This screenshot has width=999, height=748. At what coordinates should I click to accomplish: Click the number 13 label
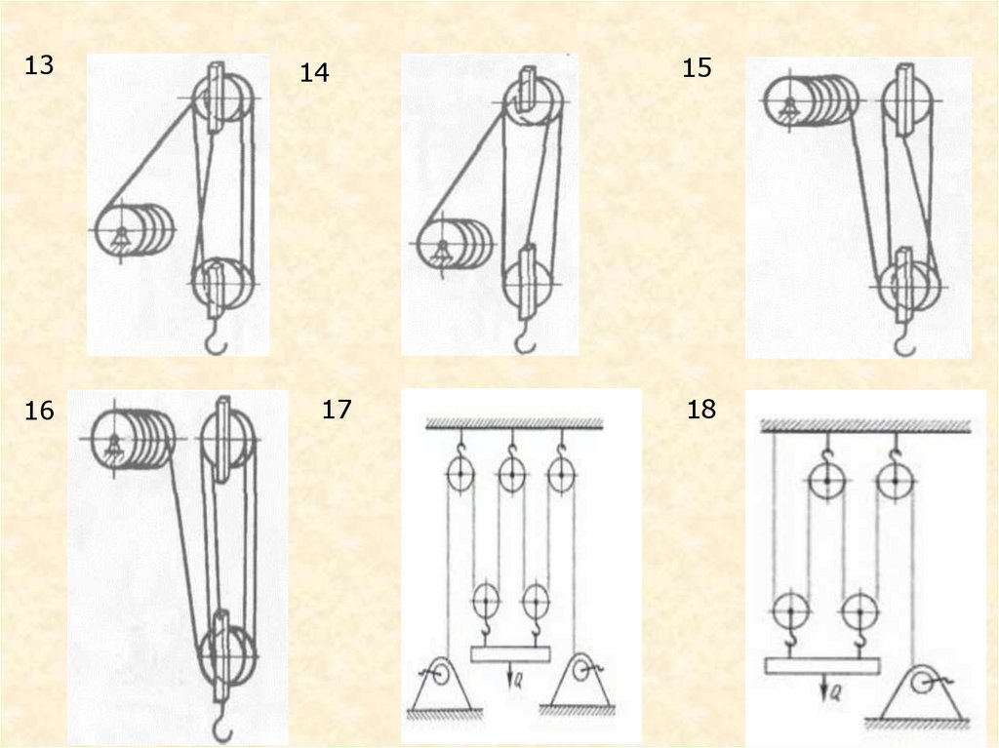coord(39,65)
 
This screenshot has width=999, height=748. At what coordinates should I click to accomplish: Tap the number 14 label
coord(315,72)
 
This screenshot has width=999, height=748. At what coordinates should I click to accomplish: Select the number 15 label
coord(697,67)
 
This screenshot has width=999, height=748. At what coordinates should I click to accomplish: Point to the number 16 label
coord(39,411)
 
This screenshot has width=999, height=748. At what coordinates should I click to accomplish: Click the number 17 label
coord(337,409)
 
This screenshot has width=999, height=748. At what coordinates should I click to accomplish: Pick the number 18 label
coord(701,409)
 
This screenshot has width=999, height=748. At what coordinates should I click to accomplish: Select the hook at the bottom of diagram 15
coord(904,341)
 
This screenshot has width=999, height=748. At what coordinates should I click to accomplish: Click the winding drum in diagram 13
coord(135,230)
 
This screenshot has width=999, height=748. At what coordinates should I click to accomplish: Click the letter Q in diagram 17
coord(519,682)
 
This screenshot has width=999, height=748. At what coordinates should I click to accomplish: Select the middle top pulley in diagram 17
coord(511,474)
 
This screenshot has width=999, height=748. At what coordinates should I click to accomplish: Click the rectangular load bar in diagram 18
coord(821,666)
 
